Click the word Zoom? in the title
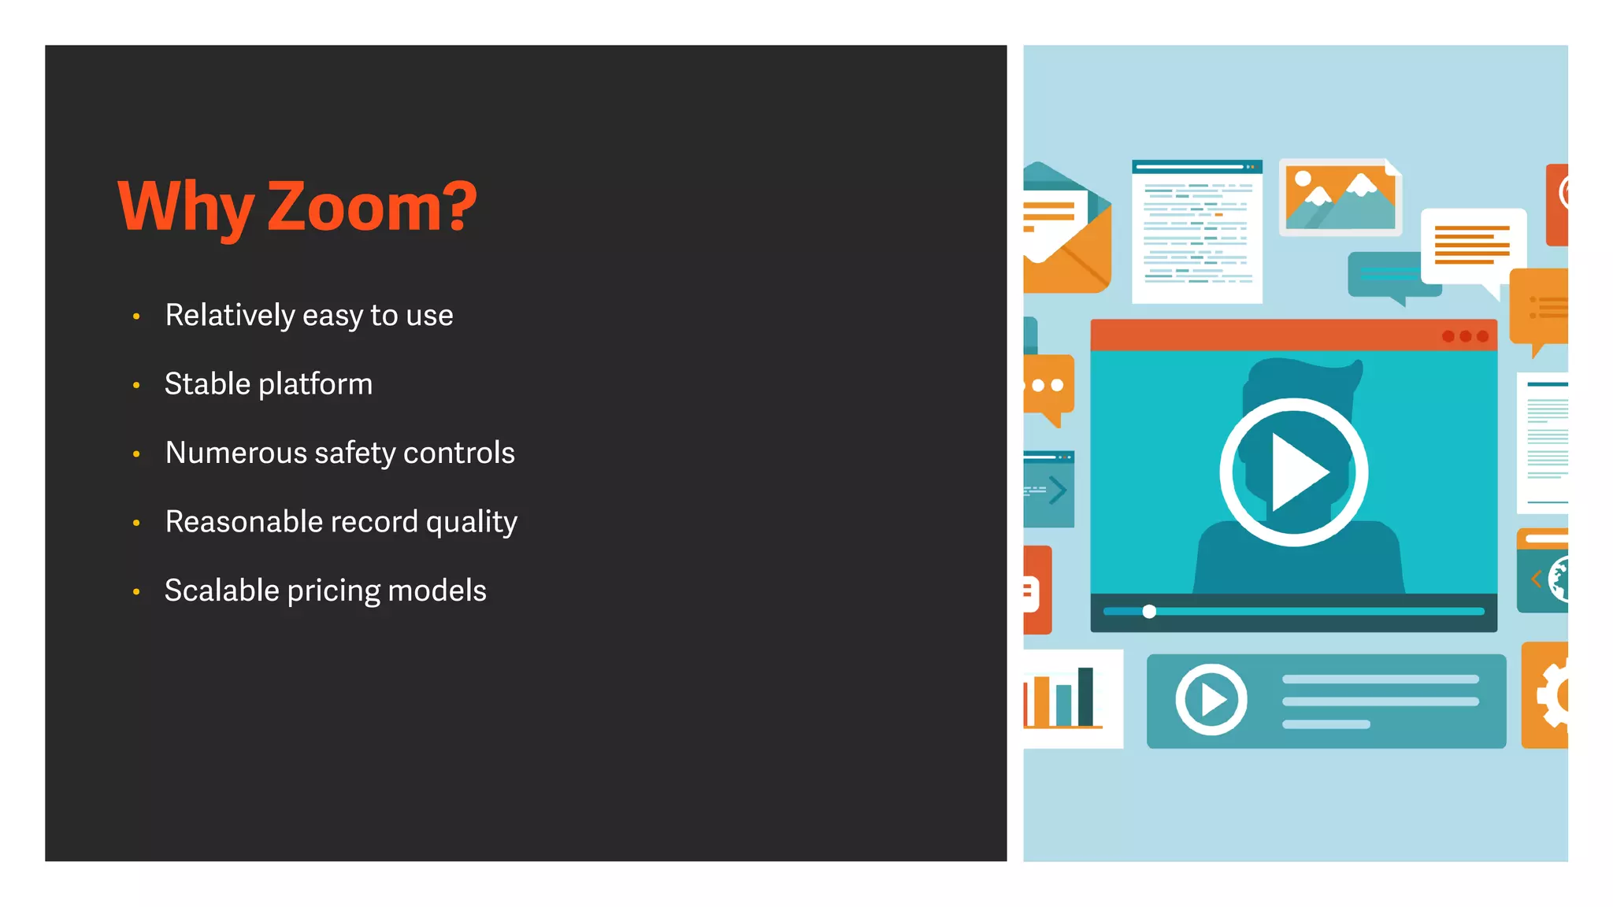[x=373, y=206]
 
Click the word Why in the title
[x=186, y=208]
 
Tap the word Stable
[x=207, y=384]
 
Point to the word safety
[x=354, y=453]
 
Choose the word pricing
[x=333, y=591]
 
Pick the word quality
[x=471, y=522]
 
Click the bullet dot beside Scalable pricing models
[x=136, y=591]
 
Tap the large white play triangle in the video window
[x=1297, y=472]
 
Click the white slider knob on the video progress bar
[x=1149, y=612]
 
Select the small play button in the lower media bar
[x=1211, y=699]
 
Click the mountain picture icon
[x=1340, y=197]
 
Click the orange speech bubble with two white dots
[x=1048, y=387]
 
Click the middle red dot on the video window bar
[x=1465, y=336]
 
